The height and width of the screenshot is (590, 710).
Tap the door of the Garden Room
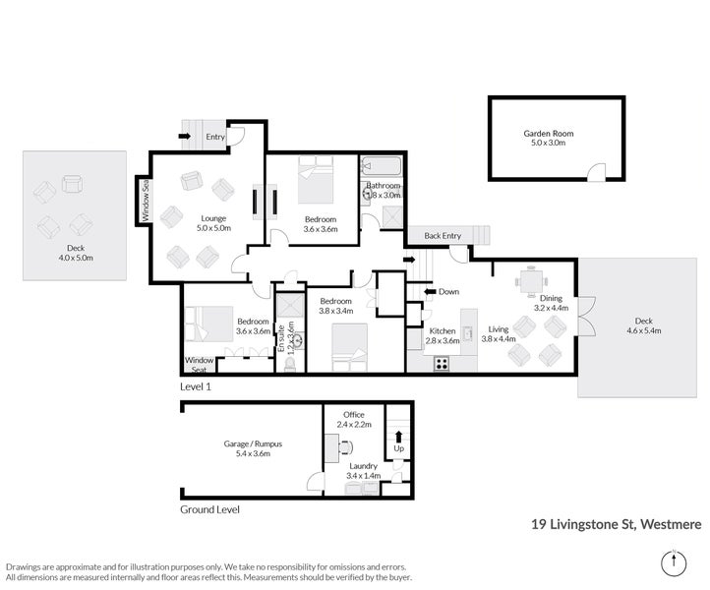point(597,173)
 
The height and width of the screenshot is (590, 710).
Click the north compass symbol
point(672,563)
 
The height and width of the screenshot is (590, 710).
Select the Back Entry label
point(442,236)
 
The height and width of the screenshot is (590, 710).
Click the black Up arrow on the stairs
point(397,436)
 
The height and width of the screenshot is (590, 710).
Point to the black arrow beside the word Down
point(429,291)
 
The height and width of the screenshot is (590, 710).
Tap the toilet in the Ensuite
point(289,364)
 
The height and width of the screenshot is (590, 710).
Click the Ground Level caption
point(209,510)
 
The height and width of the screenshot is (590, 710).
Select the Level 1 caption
point(195,387)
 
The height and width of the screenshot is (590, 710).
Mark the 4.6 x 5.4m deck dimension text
point(642,331)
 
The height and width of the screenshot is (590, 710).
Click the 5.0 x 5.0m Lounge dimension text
point(213,228)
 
